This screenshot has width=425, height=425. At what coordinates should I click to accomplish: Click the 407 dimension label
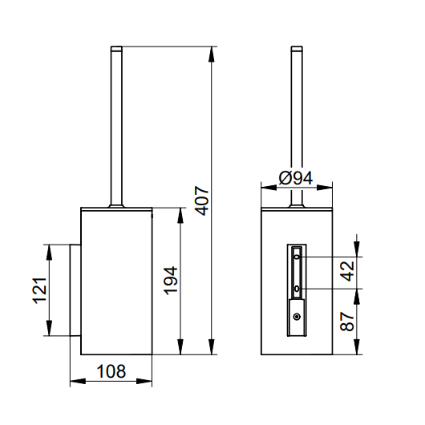click(202, 200)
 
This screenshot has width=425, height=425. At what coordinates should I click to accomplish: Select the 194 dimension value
click(171, 281)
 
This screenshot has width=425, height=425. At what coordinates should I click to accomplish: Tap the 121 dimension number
click(39, 290)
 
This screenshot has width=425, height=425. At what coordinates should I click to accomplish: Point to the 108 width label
click(111, 371)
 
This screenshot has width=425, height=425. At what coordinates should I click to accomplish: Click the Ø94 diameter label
click(296, 178)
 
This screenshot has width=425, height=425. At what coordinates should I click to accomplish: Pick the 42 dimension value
click(347, 271)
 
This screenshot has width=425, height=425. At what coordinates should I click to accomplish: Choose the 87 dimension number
click(347, 322)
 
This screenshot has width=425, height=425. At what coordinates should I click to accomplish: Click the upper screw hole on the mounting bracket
click(297, 257)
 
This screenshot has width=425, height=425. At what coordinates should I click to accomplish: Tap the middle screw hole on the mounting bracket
click(297, 289)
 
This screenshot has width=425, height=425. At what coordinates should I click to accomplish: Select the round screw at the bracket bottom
click(297, 316)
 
